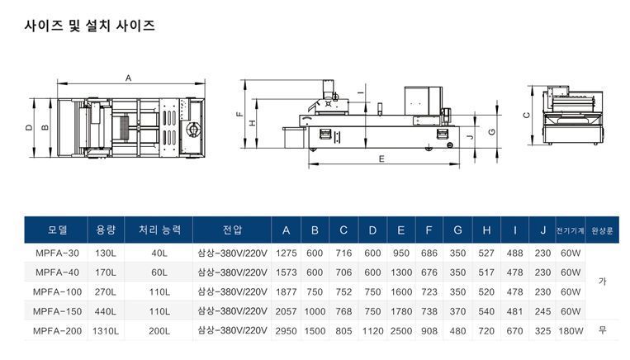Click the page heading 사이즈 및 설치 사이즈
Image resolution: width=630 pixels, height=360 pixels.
pos(90,26)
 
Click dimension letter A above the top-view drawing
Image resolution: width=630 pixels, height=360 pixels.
pos(129,78)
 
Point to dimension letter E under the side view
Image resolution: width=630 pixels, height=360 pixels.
pos(381,159)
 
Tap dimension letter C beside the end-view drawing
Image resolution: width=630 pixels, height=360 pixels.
pos(526,116)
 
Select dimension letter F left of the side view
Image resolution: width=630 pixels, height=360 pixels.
pos(240,114)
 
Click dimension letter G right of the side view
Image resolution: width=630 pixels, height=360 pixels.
pos(492,132)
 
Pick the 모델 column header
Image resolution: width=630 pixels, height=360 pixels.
pos(57,230)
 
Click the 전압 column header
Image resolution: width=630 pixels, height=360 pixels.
pos(232,230)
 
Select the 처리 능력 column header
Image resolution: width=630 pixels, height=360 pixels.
pos(159,230)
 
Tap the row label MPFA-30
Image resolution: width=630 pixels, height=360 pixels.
pos(57,253)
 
